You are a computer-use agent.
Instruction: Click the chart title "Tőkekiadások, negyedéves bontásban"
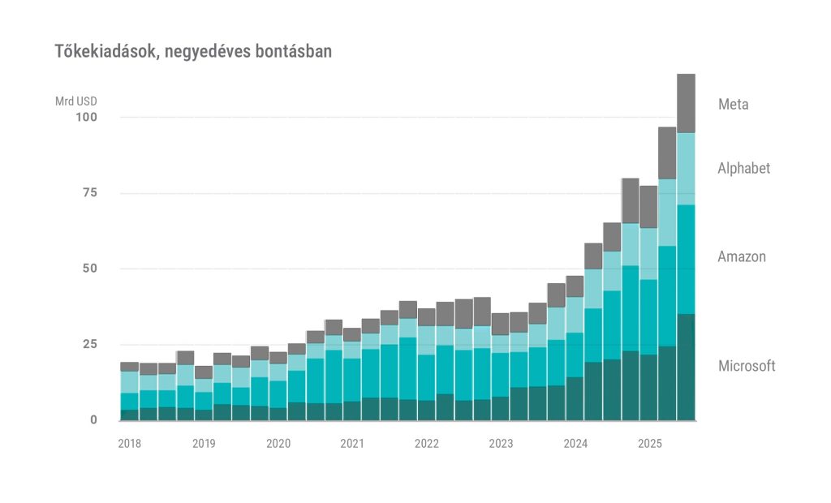click(193, 52)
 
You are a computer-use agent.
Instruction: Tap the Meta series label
click(733, 105)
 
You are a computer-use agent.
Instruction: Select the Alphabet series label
click(743, 169)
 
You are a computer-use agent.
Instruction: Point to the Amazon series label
click(741, 257)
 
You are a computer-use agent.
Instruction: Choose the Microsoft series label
click(747, 366)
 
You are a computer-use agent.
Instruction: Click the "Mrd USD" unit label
click(75, 102)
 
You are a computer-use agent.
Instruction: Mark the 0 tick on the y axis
click(93, 419)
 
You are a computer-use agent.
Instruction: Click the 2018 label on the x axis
click(129, 444)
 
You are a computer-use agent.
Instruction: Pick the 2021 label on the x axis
click(352, 444)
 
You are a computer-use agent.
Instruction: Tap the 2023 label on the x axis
click(501, 444)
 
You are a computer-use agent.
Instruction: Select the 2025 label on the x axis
click(649, 444)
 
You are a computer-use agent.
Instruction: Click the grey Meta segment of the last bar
click(686, 103)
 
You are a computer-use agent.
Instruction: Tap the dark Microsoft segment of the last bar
click(686, 367)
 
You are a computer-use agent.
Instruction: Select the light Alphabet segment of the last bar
click(686, 169)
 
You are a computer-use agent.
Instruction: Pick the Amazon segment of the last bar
click(686, 259)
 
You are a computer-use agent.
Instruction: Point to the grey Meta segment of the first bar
click(129, 367)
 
